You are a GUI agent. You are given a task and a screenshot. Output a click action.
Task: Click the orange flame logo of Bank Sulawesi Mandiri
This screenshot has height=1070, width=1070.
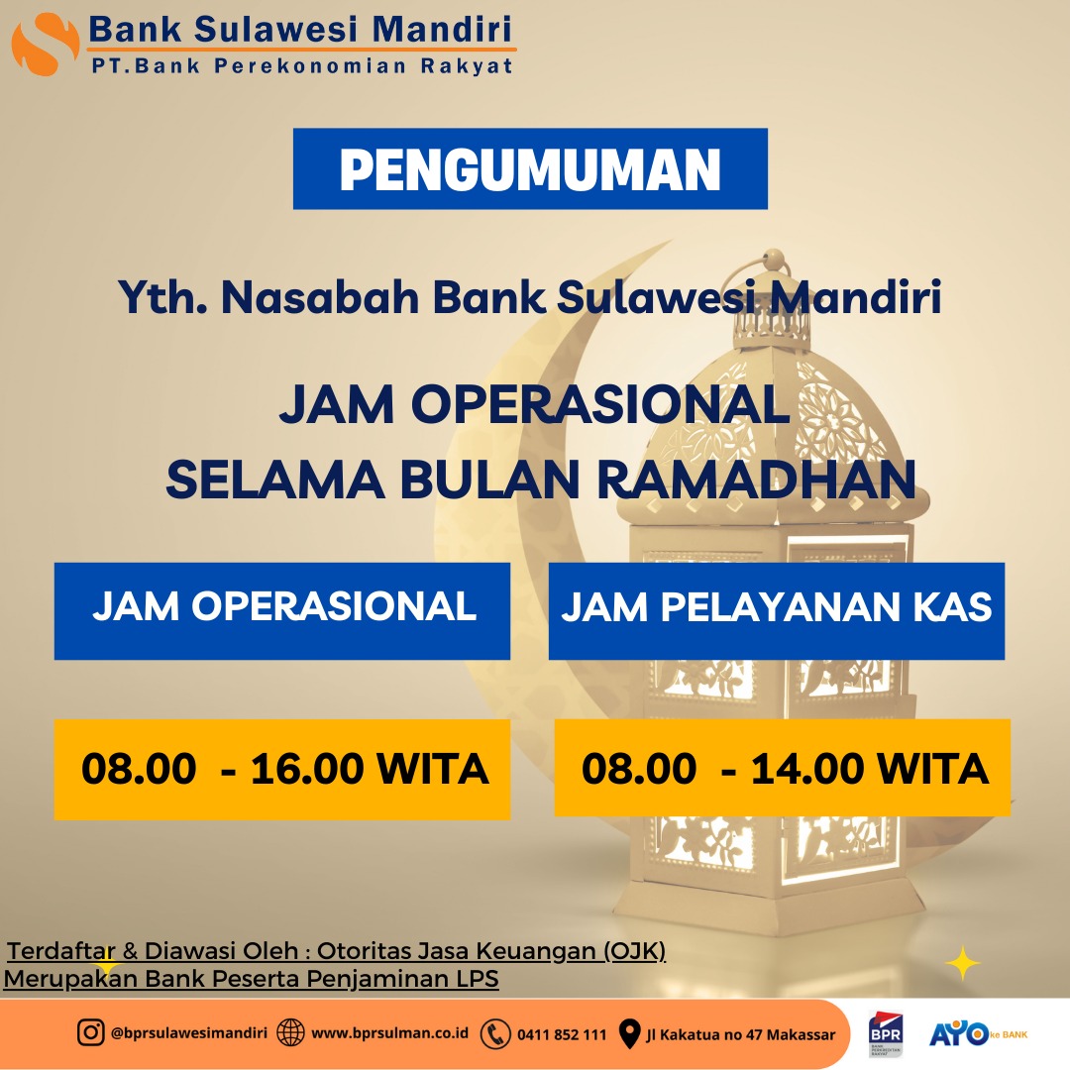[45, 45]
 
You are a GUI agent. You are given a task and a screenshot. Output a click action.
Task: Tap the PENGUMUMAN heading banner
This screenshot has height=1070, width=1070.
[530, 168]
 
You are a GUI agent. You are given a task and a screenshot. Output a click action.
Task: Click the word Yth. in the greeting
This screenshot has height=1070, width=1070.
[162, 297]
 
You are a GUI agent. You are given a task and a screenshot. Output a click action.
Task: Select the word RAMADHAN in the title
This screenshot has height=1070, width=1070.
[756, 480]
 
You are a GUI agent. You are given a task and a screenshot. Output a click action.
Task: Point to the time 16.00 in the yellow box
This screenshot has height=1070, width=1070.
[307, 769]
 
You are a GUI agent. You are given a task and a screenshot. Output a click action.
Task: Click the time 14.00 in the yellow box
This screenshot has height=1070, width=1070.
[807, 769]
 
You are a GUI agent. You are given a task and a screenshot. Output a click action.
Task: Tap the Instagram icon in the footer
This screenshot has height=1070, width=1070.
[90, 1032]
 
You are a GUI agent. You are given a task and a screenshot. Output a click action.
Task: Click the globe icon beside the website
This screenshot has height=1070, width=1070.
[290, 1033]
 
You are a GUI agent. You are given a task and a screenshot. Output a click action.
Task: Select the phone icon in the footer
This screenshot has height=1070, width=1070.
[495, 1033]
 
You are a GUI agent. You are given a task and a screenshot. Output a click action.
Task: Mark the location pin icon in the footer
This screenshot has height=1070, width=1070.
[629, 1033]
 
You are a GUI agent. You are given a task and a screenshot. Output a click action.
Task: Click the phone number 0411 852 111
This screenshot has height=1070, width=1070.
[562, 1034]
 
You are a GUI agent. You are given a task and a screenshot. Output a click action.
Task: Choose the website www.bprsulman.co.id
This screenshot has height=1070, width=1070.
[389, 1033]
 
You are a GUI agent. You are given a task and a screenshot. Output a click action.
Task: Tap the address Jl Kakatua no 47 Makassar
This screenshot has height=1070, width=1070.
[740, 1034]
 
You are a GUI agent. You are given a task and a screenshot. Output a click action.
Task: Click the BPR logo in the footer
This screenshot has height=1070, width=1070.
[885, 1033]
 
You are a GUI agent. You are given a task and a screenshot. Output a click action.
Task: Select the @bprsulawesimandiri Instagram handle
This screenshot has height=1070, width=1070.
[189, 1033]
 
